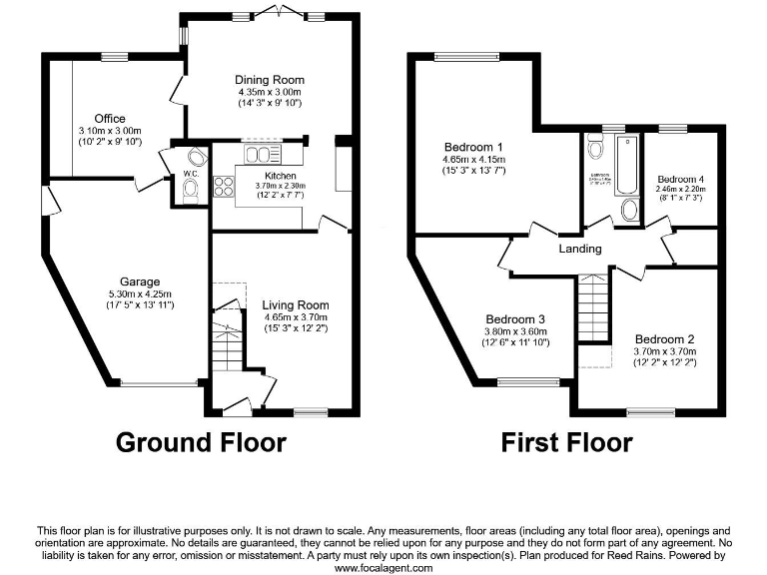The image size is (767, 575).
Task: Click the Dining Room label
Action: [270, 80]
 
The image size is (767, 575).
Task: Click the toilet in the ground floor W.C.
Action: [190, 193]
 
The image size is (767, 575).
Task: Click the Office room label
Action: [110, 119]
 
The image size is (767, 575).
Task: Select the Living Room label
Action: [295, 305]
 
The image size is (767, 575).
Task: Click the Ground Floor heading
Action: [201, 441]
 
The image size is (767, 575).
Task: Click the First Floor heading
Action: [566, 441]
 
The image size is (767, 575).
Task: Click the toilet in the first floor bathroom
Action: [596, 151]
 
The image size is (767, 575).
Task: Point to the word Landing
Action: [579, 249]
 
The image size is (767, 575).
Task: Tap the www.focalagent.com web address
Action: [383, 567]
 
